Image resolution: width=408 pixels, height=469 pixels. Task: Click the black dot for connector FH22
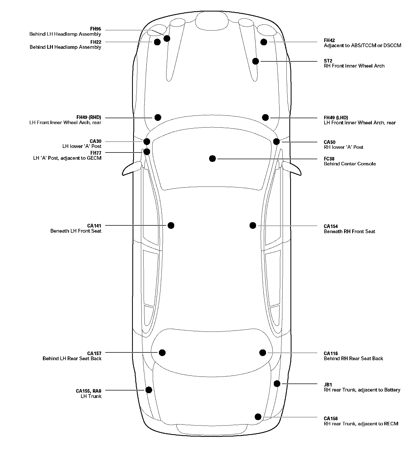(157, 42)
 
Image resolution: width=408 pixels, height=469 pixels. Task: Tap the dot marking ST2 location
(256, 61)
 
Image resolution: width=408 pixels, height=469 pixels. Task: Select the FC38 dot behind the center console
(212, 159)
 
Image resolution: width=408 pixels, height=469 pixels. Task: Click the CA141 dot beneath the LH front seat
(171, 225)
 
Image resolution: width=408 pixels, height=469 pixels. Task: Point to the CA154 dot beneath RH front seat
(253, 226)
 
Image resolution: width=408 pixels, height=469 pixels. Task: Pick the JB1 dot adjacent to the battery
(277, 384)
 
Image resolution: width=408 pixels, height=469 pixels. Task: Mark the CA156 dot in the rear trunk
(258, 417)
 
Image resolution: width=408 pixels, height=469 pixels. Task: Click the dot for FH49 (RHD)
(158, 117)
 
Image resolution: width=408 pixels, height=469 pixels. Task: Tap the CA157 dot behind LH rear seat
(162, 353)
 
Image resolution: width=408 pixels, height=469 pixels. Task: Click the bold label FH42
(329, 40)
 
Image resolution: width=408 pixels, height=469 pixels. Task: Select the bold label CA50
(330, 142)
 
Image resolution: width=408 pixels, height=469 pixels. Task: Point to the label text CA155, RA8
(89, 391)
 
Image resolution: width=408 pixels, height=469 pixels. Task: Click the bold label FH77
(96, 153)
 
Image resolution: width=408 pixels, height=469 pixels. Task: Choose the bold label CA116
(331, 353)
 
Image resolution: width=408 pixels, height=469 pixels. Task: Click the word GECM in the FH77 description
(94, 158)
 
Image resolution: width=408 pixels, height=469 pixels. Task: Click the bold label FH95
(96, 29)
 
